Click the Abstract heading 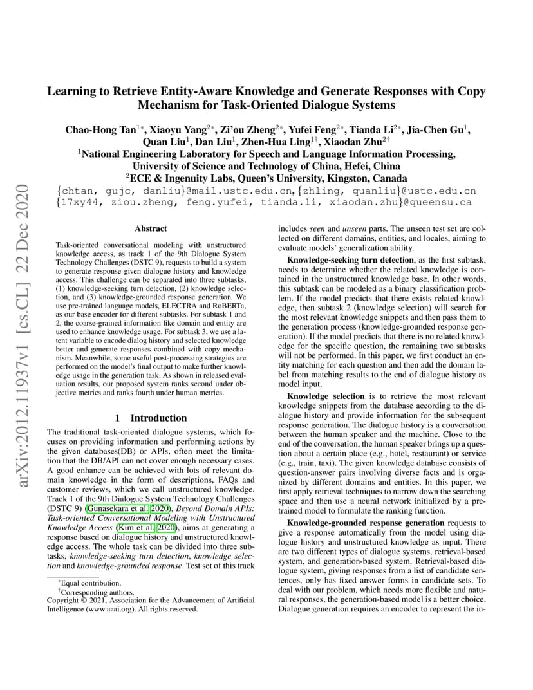pos(151,228)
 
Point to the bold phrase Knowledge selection pos(317,396)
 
